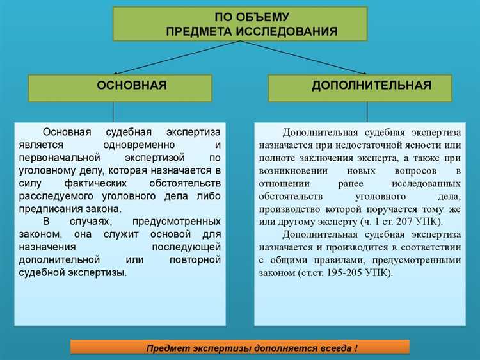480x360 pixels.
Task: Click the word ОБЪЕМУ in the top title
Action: tap(262, 17)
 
